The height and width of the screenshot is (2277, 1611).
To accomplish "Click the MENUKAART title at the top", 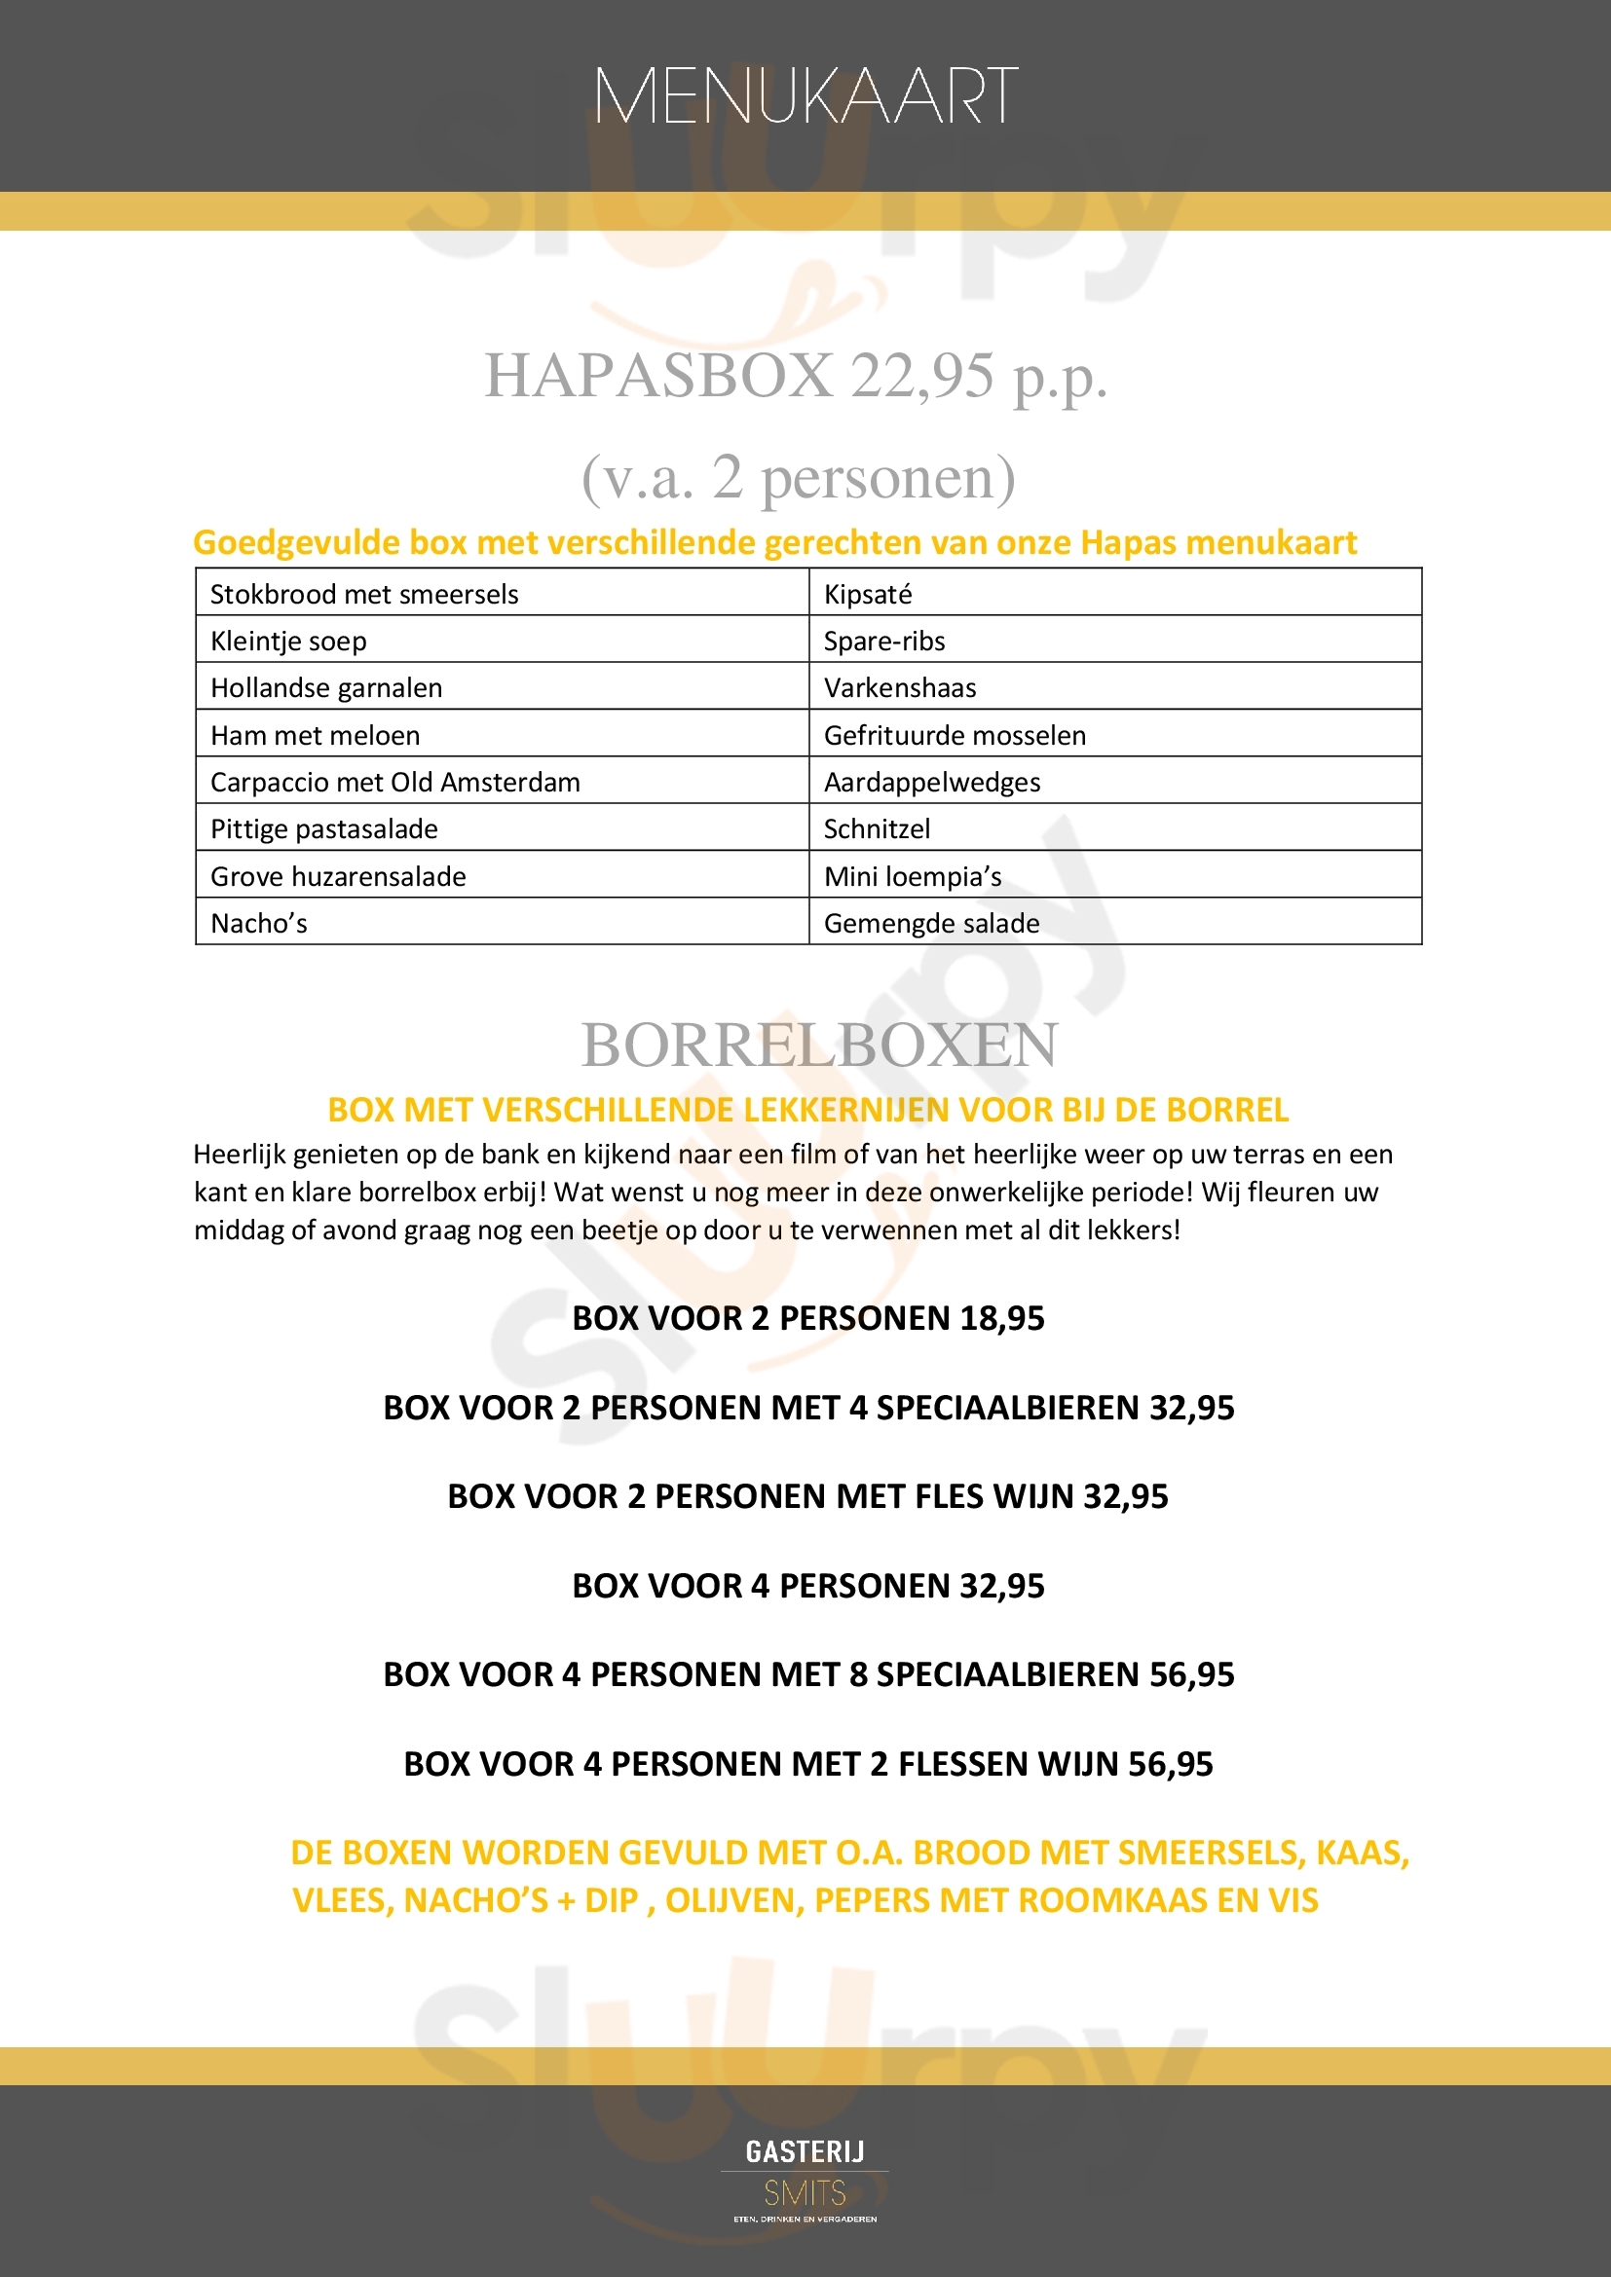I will point(805,96).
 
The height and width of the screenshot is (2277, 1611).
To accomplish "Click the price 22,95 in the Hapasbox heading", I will point(921,376).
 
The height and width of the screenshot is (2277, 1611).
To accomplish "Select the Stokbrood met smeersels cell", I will point(364,594).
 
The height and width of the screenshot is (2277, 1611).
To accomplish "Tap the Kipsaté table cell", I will point(868,594).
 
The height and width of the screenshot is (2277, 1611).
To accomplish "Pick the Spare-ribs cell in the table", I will point(883,641).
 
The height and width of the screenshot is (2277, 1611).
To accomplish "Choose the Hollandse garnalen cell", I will point(326,687).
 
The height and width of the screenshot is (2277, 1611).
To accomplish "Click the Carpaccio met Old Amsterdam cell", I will point(394,782).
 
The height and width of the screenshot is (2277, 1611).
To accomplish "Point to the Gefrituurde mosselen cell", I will point(955,735).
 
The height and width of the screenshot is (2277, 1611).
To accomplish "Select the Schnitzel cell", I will point(877,828).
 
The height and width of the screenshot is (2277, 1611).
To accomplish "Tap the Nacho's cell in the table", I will point(259,923).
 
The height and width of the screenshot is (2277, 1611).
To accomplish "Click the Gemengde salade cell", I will point(931,923).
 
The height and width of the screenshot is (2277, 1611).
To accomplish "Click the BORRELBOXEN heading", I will point(819,1045).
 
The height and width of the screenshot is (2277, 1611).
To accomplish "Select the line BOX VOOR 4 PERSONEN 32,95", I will point(807,1586).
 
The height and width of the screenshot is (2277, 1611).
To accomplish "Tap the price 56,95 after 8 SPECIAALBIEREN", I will point(1191,1675).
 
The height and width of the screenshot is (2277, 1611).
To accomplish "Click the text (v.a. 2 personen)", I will point(799,478).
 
